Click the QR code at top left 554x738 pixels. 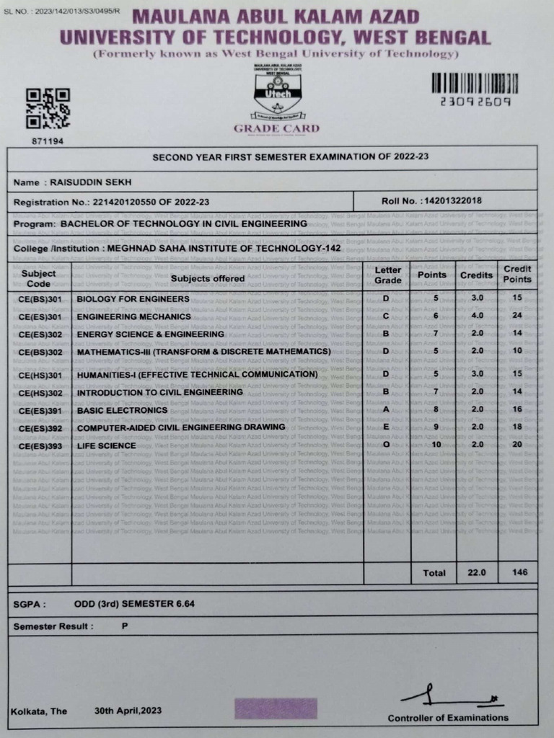(x=48, y=108)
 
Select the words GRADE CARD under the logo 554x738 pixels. (x=276, y=129)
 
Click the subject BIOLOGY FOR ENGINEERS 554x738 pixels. (x=133, y=298)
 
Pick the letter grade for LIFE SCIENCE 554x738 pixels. (x=387, y=445)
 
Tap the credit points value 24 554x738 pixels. (x=516, y=316)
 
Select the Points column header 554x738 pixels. (x=432, y=275)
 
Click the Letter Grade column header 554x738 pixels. (x=388, y=275)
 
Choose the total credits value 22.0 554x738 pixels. (x=477, y=573)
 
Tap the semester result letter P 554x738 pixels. (x=125, y=626)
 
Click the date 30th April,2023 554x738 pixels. (x=128, y=711)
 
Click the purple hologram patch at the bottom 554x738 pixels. (x=275, y=708)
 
